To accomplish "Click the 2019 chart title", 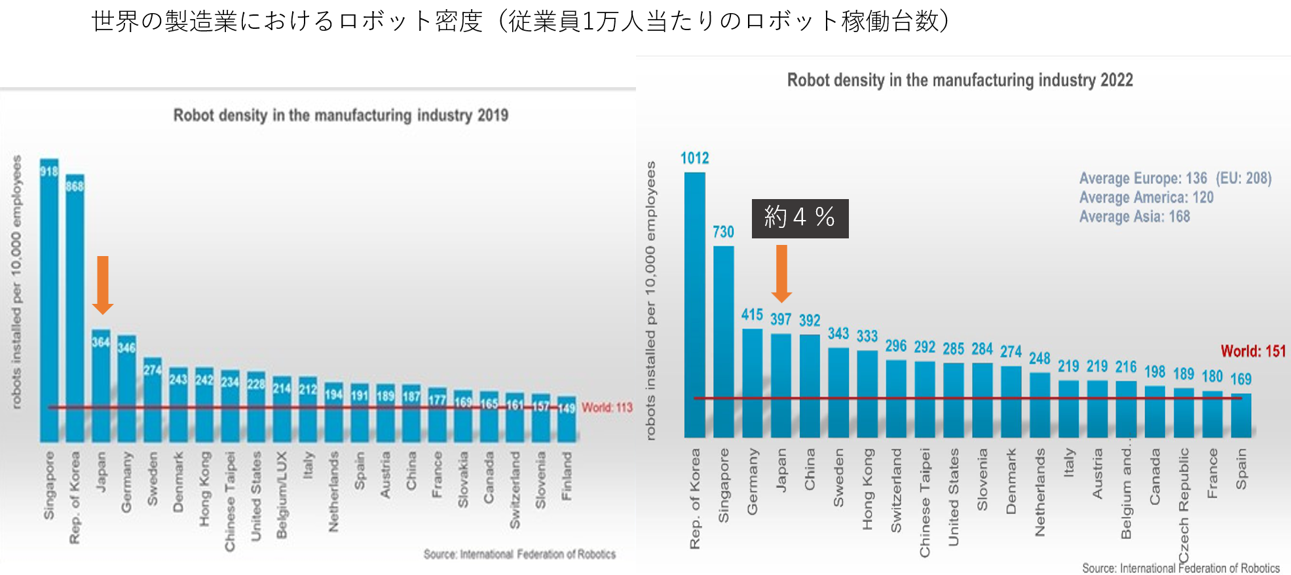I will tap(341, 115).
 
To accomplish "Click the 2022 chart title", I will tap(960, 80).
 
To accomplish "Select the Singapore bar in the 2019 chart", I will tap(49, 301).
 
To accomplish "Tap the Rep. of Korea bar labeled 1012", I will tap(694, 305).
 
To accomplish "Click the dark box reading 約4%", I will tap(800, 218).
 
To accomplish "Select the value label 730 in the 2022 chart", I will tap(723, 232).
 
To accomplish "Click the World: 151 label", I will tap(1253, 351).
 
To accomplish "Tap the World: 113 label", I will tap(607, 407).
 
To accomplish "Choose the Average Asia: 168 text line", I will tap(1134, 217).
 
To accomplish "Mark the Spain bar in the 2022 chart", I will tap(1241, 415).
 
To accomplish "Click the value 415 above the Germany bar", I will tap(752, 315).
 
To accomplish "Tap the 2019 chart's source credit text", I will tap(519, 554).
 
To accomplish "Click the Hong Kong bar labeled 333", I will tap(867, 393).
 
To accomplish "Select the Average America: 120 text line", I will tap(1146, 198).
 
